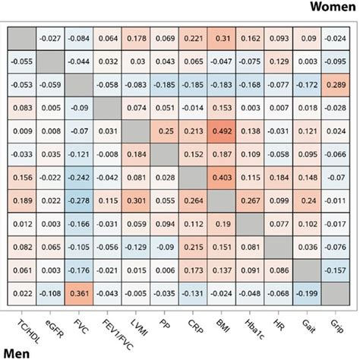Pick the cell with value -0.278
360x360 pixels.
(x=80, y=201)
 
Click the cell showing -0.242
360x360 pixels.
(x=80, y=178)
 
